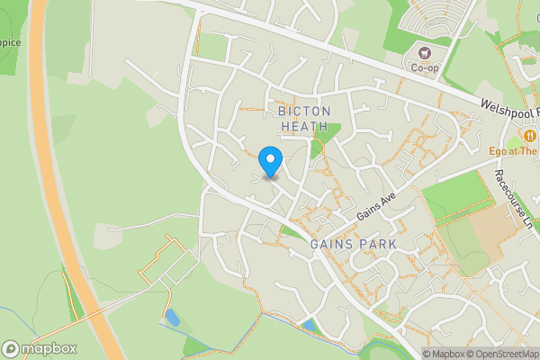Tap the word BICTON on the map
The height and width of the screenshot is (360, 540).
coord(304,111)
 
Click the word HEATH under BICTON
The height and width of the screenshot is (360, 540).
coord(304,127)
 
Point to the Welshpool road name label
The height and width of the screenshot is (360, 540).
coord(508,108)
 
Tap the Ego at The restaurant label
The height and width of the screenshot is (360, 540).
coord(513,151)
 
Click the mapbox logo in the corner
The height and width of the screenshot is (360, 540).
coord(40,348)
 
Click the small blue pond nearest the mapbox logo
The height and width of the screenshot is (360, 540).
coord(171,317)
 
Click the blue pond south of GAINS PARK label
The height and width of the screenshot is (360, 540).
coord(309,324)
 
